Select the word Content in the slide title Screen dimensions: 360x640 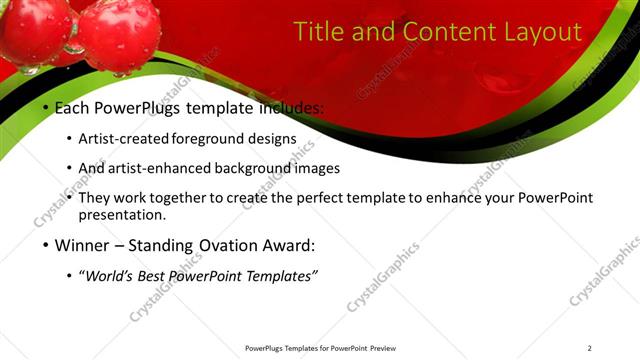click(x=446, y=32)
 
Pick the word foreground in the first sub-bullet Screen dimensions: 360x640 click(x=214, y=139)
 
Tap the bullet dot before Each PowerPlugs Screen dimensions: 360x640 click(x=45, y=107)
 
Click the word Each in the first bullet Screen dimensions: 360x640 click(x=71, y=106)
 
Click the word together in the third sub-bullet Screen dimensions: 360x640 click(x=201, y=198)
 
